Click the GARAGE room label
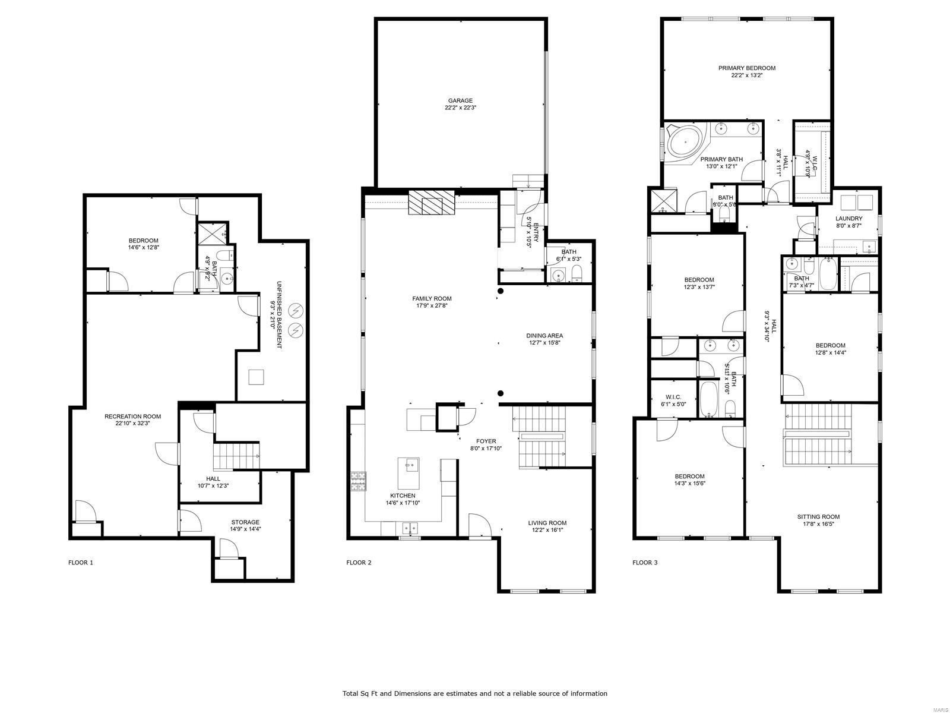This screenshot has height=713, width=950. [460, 100]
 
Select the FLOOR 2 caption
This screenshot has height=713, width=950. [359, 562]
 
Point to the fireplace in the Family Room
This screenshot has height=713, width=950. [431, 204]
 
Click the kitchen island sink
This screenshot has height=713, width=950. [409, 464]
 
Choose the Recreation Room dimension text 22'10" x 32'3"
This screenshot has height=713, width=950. [132, 424]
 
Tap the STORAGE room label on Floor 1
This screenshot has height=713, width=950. [245, 522]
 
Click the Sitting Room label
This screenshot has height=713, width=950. [818, 516]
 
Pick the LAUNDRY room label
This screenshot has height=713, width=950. [848, 219]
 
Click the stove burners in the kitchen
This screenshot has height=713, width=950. [358, 481]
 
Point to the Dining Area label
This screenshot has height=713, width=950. [544, 336]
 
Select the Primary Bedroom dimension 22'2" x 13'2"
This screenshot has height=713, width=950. [746, 75]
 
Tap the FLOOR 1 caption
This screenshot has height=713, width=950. [81, 562]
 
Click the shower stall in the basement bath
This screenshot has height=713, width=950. [209, 232]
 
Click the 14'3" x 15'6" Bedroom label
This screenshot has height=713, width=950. [689, 476]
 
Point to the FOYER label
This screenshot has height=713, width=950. [486, 441]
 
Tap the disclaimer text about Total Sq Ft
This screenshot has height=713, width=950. [474, 693]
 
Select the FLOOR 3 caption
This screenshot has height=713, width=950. [645, 562]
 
